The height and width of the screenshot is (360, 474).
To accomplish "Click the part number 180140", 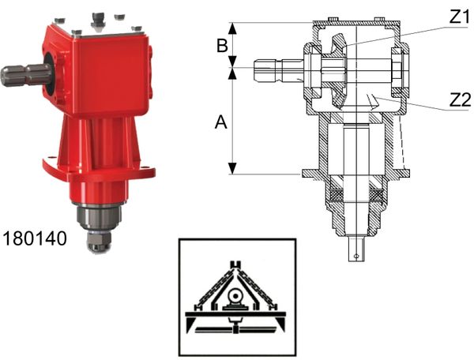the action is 35,238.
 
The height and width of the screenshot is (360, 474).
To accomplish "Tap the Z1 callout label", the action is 459,17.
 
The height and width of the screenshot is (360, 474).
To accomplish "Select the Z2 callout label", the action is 460,100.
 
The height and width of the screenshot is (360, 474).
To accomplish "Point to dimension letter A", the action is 221,122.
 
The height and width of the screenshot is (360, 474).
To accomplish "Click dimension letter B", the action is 222,46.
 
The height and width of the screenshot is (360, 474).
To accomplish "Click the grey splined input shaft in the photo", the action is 24,75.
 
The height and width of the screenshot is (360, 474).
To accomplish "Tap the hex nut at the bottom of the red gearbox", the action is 99,241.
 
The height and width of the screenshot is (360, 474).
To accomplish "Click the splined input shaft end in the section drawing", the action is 268,71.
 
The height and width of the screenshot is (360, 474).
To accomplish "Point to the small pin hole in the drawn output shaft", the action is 356,256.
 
